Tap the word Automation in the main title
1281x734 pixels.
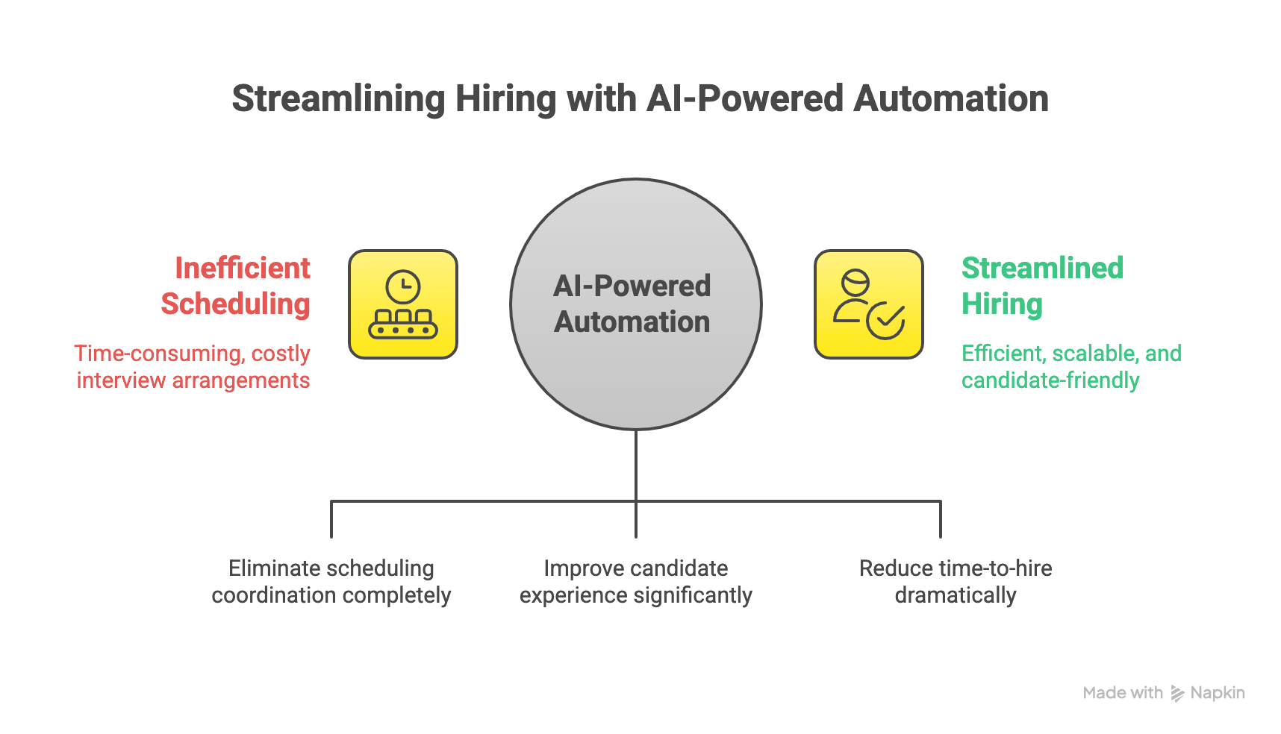tap(951, 98)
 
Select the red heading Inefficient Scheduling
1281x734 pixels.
tap(236, 286)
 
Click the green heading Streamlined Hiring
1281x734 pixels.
tap(1042, 286)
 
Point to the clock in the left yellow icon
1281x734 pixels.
tap(403, 286)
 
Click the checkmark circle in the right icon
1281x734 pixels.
tap(886, 321)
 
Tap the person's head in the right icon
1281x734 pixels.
tap(855, 283)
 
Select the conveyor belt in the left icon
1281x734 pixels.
tap(403, 324)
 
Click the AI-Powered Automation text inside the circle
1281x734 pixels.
tap(632, 304)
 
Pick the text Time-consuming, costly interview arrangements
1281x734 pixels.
tap(193, 366)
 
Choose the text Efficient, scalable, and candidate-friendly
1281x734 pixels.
tap(1071, 366)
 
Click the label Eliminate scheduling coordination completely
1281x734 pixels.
tap(331, 582)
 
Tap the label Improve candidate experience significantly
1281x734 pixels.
tap(636, 582)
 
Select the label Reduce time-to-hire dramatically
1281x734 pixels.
tap(956, 582)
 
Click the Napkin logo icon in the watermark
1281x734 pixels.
tap(1177, 693)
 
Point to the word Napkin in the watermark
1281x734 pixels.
tap(1218, 693)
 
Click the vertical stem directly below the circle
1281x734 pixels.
tap(636, 465)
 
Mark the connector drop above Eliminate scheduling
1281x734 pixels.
tap(331, 519)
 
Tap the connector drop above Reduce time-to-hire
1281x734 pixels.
tap(941, 519)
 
